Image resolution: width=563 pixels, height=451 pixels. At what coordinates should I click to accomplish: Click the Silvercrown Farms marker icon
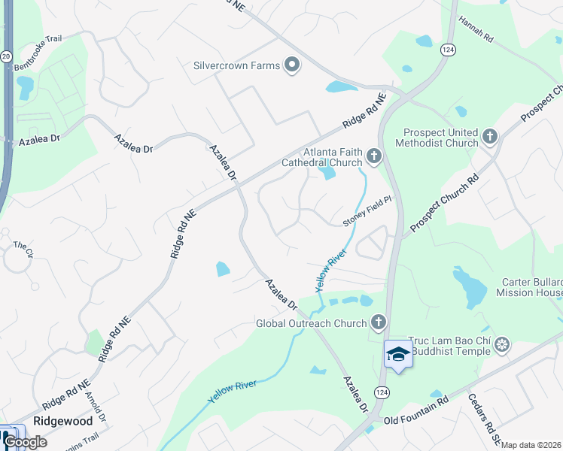click(x=292, y=65)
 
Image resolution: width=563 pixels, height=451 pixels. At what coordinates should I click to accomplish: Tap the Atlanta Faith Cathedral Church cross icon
click(x=374, y=156)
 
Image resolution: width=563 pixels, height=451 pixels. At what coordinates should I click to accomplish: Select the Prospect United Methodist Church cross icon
click(x=490, y=137)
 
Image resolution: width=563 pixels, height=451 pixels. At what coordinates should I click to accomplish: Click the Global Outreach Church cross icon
click(x=378, y=323)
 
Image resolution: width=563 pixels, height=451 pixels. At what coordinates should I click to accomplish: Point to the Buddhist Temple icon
click(x=502, y=345)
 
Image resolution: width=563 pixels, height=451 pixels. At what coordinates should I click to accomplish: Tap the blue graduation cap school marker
click(x=398, y=354)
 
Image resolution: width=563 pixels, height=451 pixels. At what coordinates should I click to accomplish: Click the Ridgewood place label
click(x=62, y=421)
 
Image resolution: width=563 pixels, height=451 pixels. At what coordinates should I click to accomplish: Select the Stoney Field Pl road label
click(x=368, y=211)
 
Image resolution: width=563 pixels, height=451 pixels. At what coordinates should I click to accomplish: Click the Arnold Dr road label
click(x=96, y=406)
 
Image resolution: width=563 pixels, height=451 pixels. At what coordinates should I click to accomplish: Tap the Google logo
click(x=24, y=442)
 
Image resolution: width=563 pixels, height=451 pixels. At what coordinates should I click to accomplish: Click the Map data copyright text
click(x=531, y=445)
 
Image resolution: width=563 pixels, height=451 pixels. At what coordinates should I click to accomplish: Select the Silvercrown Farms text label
click(x=236, y=65)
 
